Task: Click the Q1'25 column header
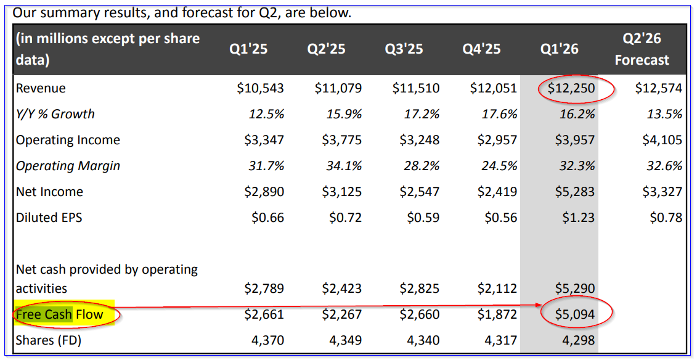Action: point(248,49)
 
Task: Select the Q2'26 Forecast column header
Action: point(642,49)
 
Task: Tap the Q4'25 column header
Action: point(481,49)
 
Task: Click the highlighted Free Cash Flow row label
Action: point(59,315)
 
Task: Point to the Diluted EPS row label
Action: point(49,218)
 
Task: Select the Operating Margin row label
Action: point(68,166)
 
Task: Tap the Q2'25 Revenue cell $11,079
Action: point(338,89)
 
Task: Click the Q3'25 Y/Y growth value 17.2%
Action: point(422,114)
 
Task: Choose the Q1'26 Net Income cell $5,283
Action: point(575,192)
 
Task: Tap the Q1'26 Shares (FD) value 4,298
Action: point(578,340)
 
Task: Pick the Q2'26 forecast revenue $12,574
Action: point(658,89)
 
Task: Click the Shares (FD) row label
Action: point(49,340)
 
